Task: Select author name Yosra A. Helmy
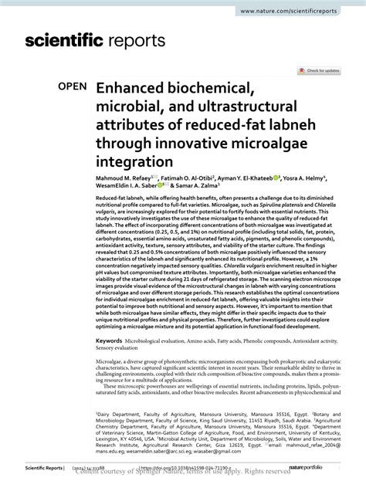[x=326, y=178]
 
